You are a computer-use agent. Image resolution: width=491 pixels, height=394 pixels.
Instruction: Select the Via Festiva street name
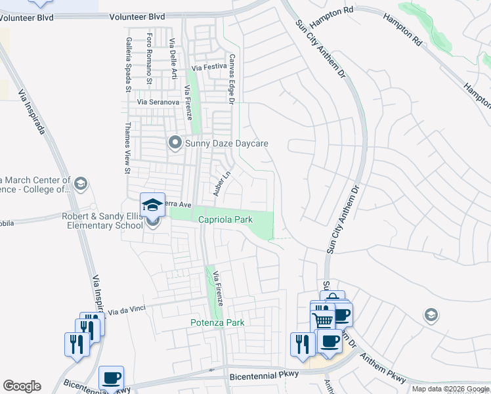209,68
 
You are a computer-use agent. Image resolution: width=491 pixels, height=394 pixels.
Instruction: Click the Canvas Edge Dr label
231,78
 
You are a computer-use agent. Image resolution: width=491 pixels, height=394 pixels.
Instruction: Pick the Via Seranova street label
158,102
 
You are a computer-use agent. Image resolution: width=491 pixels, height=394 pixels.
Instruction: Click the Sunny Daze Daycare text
227,143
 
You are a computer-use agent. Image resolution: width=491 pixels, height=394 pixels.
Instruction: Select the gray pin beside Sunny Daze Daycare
175,142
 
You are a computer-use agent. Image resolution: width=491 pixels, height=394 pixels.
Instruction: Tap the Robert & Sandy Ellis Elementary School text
102,221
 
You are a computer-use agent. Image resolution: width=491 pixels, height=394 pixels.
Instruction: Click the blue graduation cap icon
152,205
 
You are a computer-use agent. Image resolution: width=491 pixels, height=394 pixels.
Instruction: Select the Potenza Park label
217,322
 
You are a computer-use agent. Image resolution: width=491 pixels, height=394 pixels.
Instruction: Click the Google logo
22,386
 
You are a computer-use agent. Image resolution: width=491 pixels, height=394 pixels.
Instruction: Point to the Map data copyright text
450,389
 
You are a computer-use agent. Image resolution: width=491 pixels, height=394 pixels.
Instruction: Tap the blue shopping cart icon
322,320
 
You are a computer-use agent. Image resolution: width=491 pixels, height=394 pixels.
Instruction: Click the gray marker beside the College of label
81,183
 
